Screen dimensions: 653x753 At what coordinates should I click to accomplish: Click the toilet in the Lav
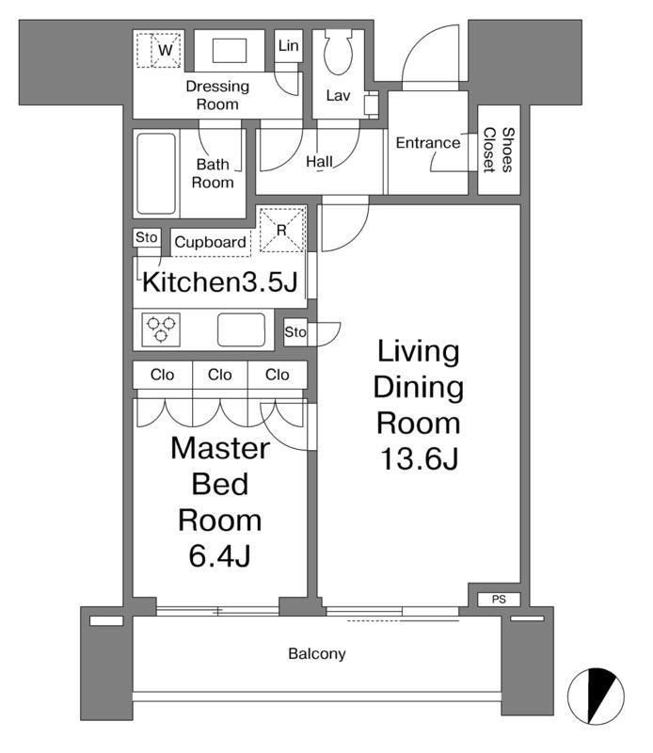pos(338,52)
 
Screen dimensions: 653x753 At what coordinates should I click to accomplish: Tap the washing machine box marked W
pos(159,50)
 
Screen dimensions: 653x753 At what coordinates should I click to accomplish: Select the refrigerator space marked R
pos(282,230)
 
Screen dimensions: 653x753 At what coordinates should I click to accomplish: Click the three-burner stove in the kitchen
pos(161,329)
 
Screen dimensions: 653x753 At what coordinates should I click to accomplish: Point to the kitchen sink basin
pos(241,329)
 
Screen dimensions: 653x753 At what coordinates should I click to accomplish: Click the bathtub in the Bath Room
pos(156,173)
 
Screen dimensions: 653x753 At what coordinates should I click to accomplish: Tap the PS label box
pos(499,599)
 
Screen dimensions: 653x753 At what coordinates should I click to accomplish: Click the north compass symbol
pos(596,696)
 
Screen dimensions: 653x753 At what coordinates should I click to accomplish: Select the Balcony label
pos(317,653)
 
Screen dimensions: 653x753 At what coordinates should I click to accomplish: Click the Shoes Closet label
pos(499,150)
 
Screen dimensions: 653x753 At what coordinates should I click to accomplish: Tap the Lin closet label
pos(289,45)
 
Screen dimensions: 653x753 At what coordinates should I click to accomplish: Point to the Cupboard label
pos(211,242)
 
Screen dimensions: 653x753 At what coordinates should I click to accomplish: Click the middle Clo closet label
pos(220,375)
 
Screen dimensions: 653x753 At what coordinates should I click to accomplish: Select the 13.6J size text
pos(419,458)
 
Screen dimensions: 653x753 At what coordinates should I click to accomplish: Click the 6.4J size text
pos(220,556)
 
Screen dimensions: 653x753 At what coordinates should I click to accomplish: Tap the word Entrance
pos(428,143)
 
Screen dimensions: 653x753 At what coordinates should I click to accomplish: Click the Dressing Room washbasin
pos(230,51)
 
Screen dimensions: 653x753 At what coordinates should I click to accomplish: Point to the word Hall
pos(319,162)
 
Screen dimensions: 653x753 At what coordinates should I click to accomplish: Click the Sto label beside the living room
pos(295,332)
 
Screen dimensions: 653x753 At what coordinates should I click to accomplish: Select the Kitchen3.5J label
pos(220,282)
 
